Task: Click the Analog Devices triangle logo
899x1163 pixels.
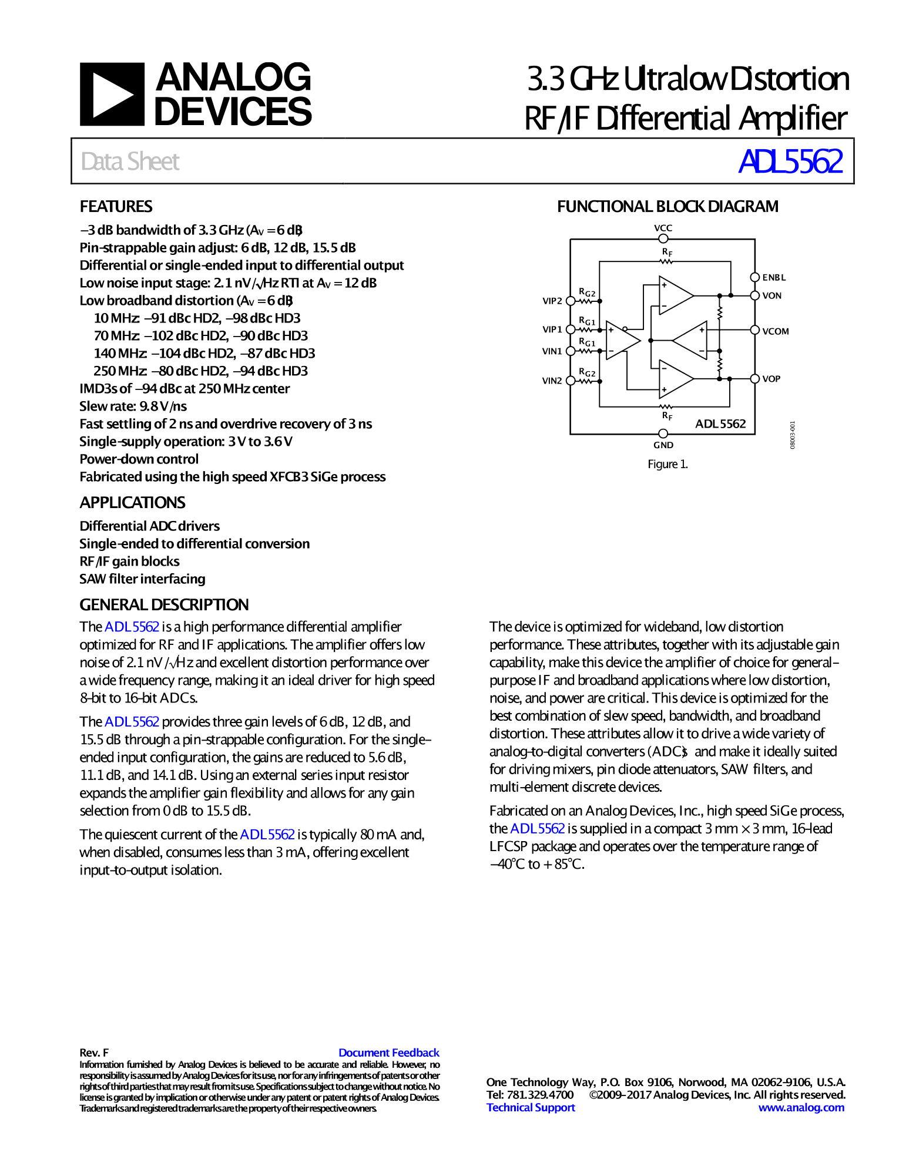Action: (112, 94)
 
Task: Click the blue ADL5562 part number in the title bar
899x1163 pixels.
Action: (790, 162)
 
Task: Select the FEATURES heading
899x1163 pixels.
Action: (116, 207)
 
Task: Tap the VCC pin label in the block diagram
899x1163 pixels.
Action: (663, 228)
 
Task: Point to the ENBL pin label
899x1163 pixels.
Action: (774, 277)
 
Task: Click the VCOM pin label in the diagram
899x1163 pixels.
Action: (775, 331)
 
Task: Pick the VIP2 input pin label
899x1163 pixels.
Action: (552, 301)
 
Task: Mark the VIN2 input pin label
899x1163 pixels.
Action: (552, 381)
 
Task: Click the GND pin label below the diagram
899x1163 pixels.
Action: (663, 445)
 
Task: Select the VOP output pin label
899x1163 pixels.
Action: (771, 379)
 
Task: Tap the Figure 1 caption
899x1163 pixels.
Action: (667, 464)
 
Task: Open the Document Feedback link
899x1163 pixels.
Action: (388, 1053)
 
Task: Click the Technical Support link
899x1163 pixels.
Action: (531, 1107)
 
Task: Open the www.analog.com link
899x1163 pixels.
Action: (801, 1107)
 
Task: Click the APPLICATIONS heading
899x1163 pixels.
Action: (132, 503)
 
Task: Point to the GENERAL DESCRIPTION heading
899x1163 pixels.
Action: (164, 605)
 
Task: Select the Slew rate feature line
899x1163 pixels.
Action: (133, 406)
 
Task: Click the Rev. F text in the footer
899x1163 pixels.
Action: (94, 1053)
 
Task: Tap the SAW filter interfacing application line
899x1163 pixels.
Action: (142, 579)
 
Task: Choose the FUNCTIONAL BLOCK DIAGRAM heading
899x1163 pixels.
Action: (667, 207)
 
